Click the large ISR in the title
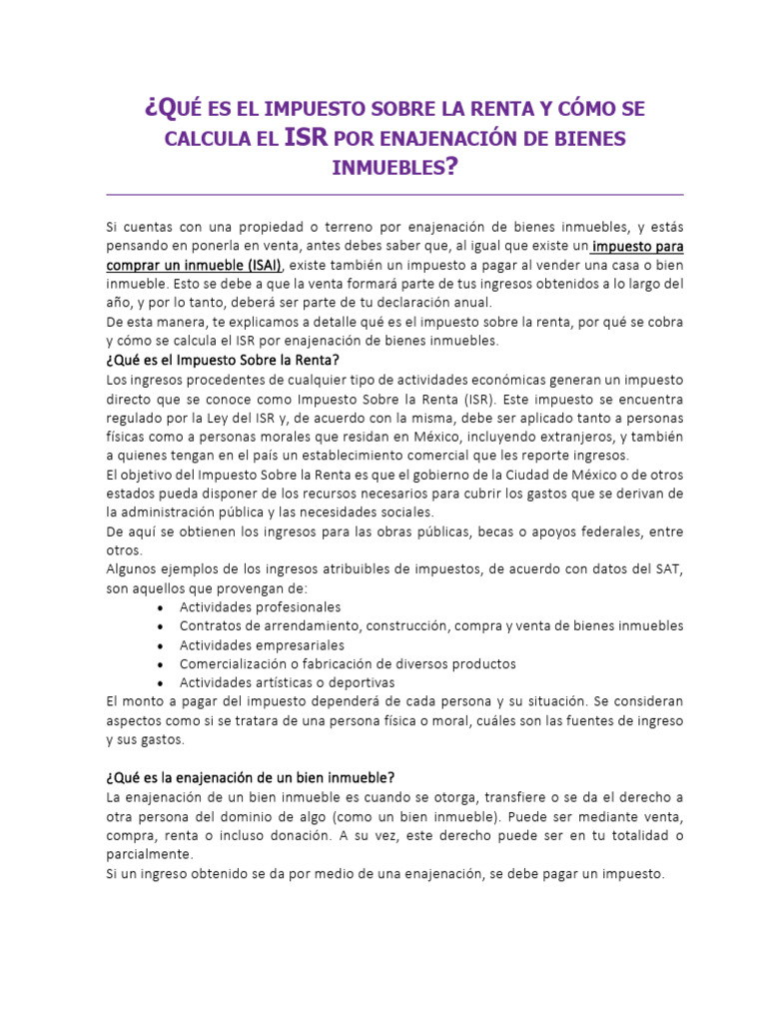[307, 137]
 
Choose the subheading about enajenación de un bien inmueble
[250, 777]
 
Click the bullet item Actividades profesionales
[260, 606]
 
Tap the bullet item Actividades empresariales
[262, 644]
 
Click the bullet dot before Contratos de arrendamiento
[162, 626]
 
